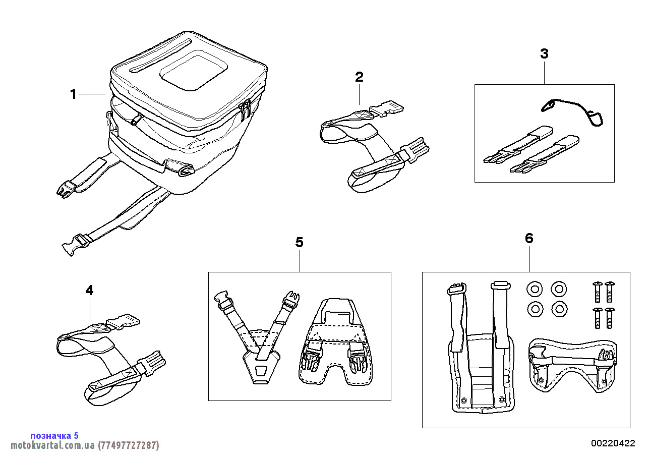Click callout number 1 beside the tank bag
pos(74,94)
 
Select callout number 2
pos(359,77)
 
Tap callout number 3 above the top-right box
pos(544,54)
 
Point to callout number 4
pos(89,290)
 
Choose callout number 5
pos(300,243)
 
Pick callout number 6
pos(529,238)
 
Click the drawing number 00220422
pos(613,443)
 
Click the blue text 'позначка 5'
pos(54,435)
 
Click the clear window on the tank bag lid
pos(193,73)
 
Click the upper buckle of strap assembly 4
pos(123,321)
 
